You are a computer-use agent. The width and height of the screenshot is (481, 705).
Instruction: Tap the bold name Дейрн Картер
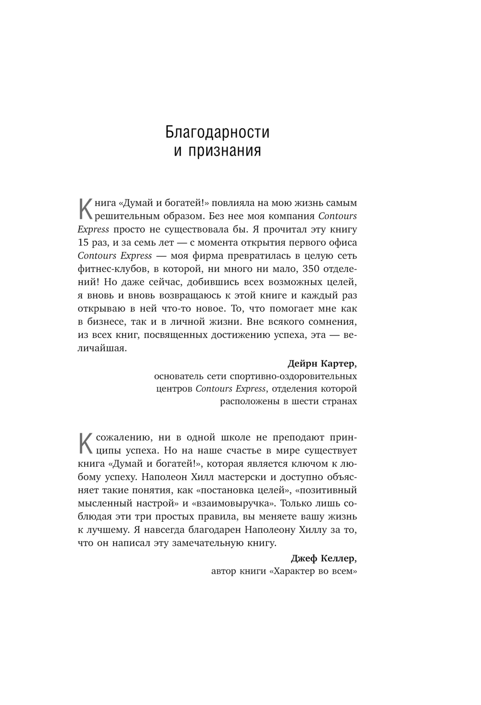[x=322, y=362]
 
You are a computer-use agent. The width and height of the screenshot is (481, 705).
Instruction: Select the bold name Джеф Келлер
[x=324, y=558]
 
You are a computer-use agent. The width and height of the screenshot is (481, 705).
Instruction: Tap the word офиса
[x=342, y=242]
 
